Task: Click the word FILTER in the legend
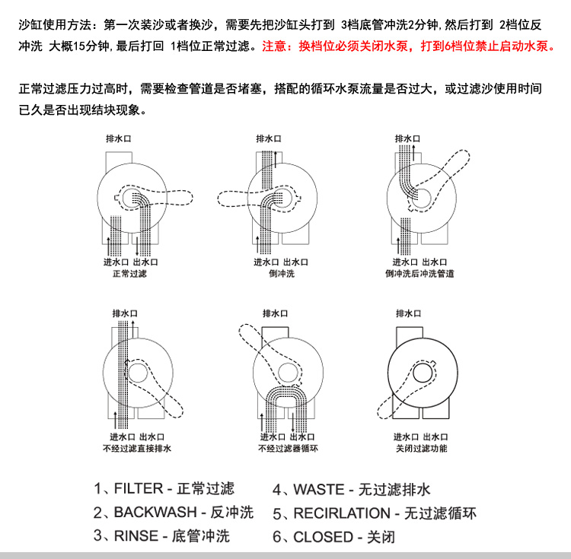tap(139, 488)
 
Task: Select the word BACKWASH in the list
tap(155, 512)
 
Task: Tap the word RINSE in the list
tap(136, 535)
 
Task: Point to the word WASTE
tap(319, 490)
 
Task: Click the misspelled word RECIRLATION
tap(342, 513)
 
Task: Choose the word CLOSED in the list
tap(324, 537)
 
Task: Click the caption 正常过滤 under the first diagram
tap(129, 274)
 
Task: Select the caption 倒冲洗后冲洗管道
tap(419, 274)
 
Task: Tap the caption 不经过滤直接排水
tap(137, 448)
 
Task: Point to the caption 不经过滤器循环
tap(288, 448)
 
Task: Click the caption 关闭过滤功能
tap(421, 448)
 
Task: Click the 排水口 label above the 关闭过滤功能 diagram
tap(408, 313)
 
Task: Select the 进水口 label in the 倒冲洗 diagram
tap(266, 262)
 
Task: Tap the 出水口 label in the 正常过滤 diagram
tap(145, 262)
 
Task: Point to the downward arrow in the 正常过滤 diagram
tap(137, 246)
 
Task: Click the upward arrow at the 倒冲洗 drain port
tap(276, 159)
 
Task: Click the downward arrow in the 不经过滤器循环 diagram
tap(293, 422)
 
